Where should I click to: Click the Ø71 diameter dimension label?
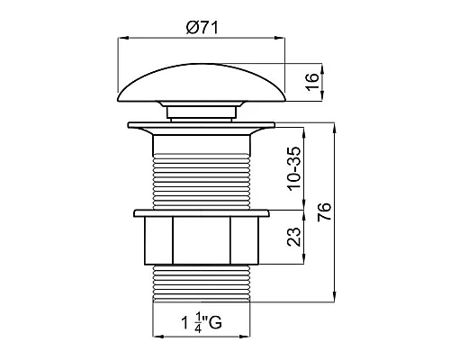(202, 28)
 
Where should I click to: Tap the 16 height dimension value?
(311, 81)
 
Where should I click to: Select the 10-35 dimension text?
(293, 168)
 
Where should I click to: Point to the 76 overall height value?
(325, 211)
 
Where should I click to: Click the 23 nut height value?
(293, 237)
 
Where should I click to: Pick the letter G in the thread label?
(215, 322)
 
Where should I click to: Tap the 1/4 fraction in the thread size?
(198, 322)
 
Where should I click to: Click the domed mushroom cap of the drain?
(202, 83)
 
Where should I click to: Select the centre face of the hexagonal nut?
(202, 240)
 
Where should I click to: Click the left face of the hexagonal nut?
(158, 240)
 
